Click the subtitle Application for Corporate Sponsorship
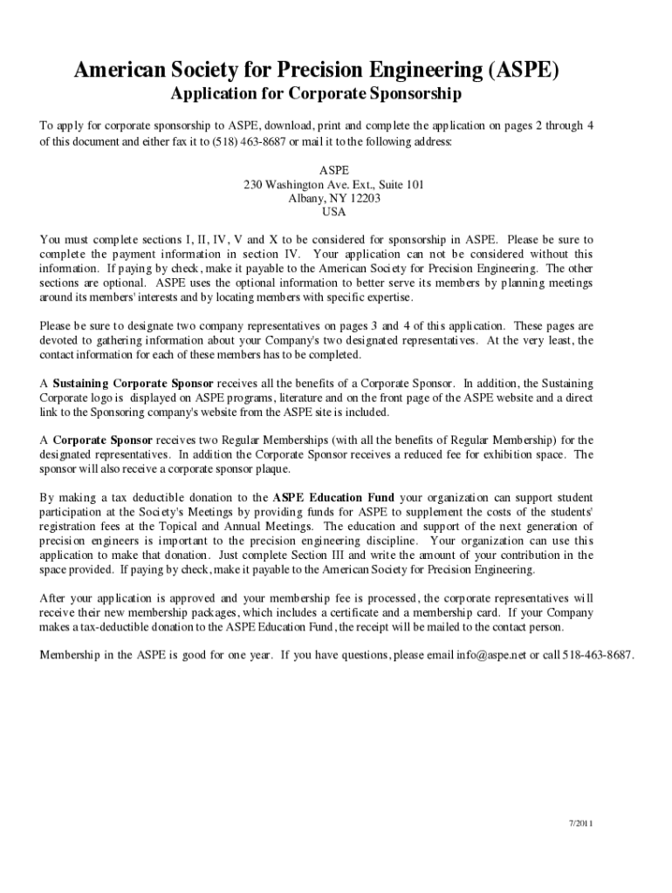pos(315,93)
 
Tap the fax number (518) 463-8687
pos(243,141)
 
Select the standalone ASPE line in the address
pos(334,169)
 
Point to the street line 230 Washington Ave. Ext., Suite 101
pos(334,183)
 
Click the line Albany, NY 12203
pos(334,197)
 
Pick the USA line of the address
pos(334,211)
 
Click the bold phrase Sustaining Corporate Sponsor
pos(133,383)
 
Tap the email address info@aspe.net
pos(479,654)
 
